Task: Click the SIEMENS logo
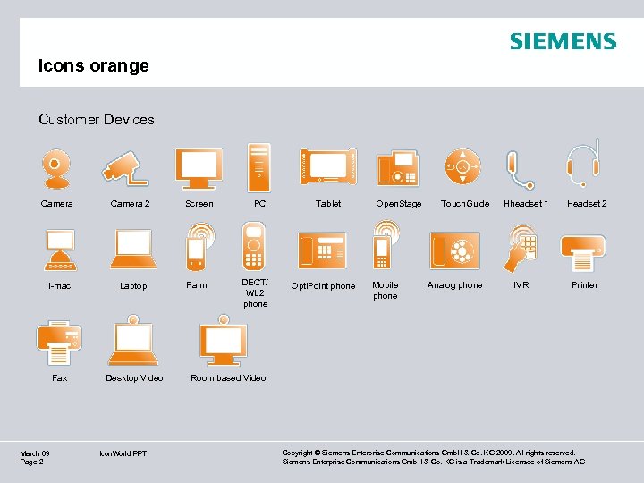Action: [x=563, y=41]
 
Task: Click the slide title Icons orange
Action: [x=93, y=66]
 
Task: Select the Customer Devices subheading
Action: [x=97, y=119]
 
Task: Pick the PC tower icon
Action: [x=258, y=166]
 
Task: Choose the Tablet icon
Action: [x=328, y=166]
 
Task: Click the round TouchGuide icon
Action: [x=462, y=166]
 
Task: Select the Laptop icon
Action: [x=133, y=250]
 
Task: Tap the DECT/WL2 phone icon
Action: [x=254, y=245]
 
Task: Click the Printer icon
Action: [x=583, y=250]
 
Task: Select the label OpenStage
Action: [x=399, y=204]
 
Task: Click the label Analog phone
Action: [x=454, y=285]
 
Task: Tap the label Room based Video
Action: [x=228, y=377]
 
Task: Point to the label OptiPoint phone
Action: [x=323, y=286]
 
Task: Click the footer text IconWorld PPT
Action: [x=123, y=453]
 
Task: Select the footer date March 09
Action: [x=35, y=453]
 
